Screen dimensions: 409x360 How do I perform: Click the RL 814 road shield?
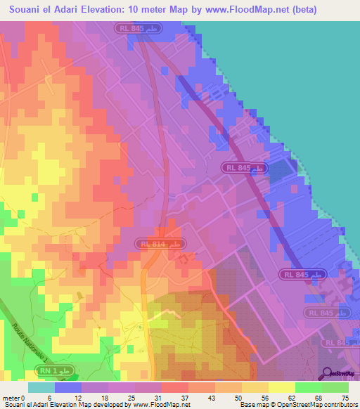tap(160, 244)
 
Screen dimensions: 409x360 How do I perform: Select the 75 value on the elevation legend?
tap(345, 397)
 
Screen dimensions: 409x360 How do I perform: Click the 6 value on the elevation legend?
tap(49, 397)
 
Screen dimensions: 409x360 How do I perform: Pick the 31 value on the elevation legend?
tap(157, 397)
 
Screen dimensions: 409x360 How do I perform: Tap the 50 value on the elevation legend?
tap(238, 397)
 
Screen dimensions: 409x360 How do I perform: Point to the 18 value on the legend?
tap(103, 397)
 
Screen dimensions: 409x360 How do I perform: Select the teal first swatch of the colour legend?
tap(41, 387)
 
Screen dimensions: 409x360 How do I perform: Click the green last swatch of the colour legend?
tap(335, 387)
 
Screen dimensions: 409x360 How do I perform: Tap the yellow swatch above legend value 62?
tap(281, 387)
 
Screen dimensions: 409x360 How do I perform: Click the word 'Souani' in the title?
tap(29, 10)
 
